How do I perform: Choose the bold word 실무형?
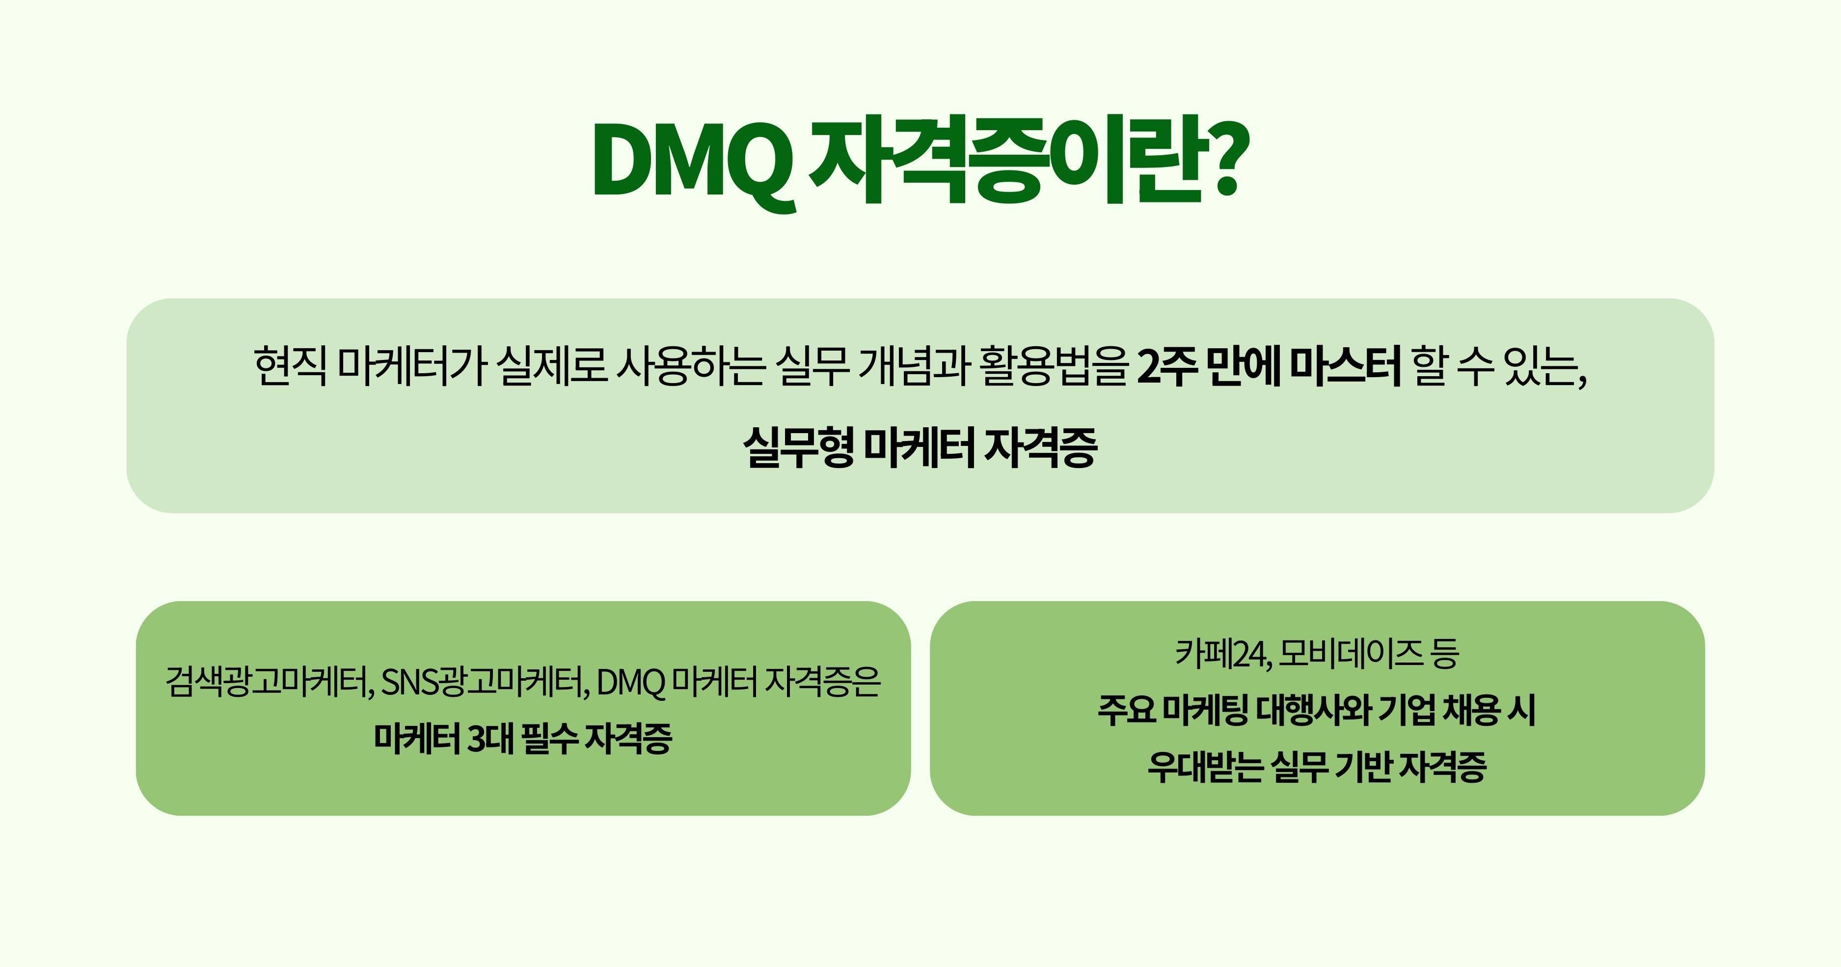pyautogui.click(x=798, y=447)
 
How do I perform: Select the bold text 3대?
pyautogui.click(x=490, y=738)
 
